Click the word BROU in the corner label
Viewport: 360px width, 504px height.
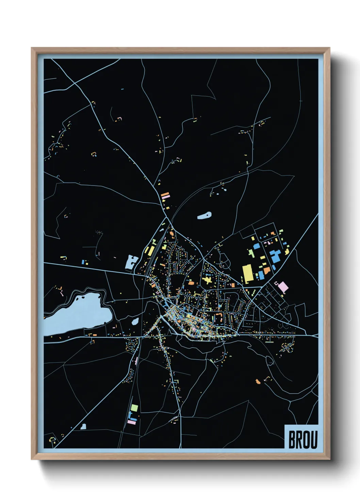pyautogui.click(x=303, y=440)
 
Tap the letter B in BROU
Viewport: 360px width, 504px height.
pyautogui.click(x=292, y=440)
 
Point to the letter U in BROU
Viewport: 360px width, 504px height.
pyautogui.click(x=314, y=440)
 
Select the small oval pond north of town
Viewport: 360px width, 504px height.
pyautogui.click(x=204, y=216)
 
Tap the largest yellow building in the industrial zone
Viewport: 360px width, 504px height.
pyautogui.click(x=247, y=273)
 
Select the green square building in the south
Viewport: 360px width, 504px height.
pyautogui.click(x=134, y=408)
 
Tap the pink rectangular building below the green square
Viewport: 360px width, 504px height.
pyautogui.click(x=131, y=422)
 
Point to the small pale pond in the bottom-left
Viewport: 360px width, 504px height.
pyautogui.click(x=83, y=426)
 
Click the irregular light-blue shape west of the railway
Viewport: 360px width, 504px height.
pyautogui.click(x=131, y=262)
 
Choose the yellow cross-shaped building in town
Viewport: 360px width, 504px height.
pyautogui.click(x=207, y=280)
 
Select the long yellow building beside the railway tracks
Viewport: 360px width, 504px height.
pyautogui.click(x=150, y=250)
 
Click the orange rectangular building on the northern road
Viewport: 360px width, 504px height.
pyautogui.click(x=165, y=196)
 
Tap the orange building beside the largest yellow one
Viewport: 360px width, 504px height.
pyautogui.click(x=267, y=271)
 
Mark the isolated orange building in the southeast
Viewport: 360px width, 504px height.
pyautogui.click(x=258, y=381)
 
